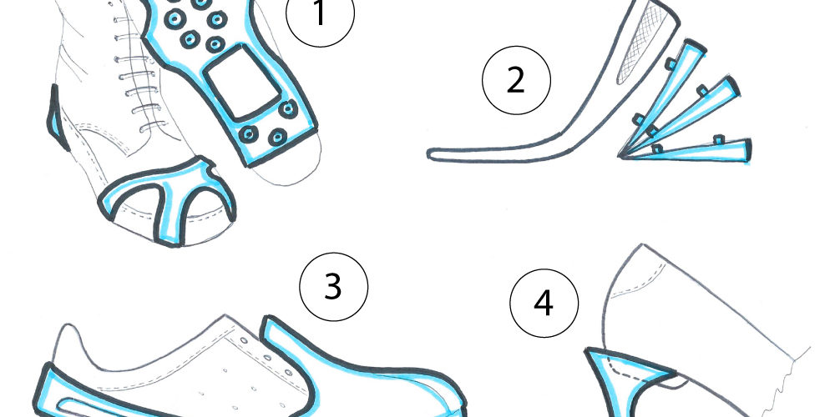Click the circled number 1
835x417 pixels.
pos(320,14)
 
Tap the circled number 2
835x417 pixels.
pos(516,80)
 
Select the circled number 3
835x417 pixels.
pos(333,286)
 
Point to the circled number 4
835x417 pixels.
pos(544,304)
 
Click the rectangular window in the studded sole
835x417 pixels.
pos(243,82)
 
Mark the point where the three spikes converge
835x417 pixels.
pos(621,156)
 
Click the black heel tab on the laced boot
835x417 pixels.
pos(57,118)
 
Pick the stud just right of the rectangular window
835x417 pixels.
pos(288,109)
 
